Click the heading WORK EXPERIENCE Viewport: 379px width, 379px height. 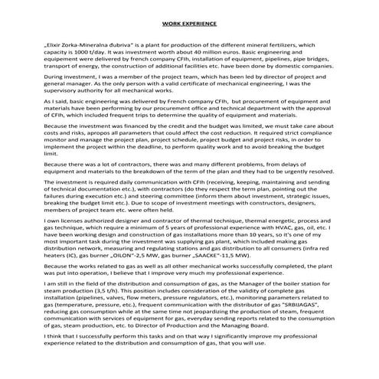click(x=189, y=25)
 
